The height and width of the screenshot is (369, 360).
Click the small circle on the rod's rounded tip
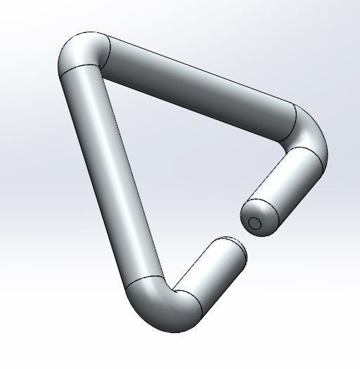point(255,224)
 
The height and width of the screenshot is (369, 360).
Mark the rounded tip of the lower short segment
point(239,249)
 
